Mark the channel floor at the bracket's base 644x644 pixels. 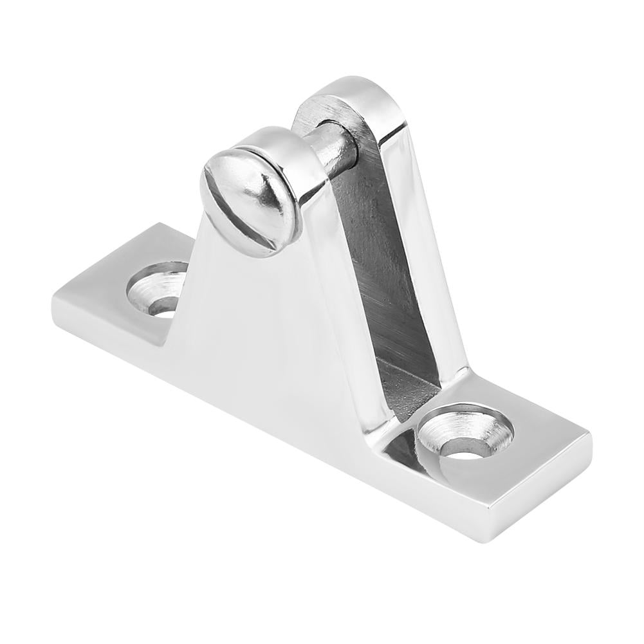pyautogui.click(x=405, y=386)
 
